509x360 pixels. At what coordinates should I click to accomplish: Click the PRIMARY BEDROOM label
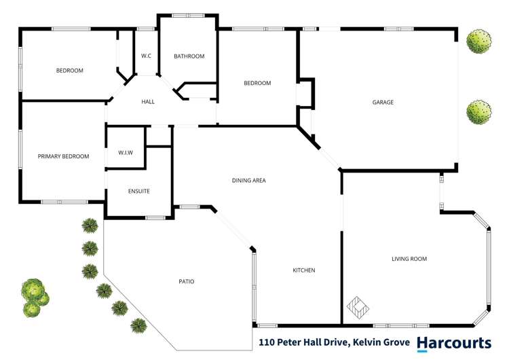tap(63, 156)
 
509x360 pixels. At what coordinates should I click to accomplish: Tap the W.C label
tap(146, 56)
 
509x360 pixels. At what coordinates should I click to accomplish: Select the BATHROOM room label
tap(189, 56)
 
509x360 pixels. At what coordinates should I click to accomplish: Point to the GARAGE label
tap(383, 103)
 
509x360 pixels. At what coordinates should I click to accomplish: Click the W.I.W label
tap(125, 152)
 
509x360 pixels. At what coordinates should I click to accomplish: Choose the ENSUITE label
tap(138, 191)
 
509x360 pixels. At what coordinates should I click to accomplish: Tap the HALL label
tap(148, 102)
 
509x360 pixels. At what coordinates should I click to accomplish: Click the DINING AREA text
tap(248, 181)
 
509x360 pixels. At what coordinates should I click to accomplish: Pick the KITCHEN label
tap(303, 270)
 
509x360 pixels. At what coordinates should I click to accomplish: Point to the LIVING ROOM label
tap(409, 259)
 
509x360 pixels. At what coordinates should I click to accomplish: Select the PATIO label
tap(187, 281)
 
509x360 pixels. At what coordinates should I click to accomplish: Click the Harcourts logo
tap(454, 343)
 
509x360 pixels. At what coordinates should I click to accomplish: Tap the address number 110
tap(267, 343)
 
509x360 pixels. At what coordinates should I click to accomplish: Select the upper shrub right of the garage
tap(479, 41)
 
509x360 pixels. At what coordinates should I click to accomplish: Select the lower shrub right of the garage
tap(479, 112)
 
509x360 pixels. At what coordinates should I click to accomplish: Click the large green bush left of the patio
tap(34, 298)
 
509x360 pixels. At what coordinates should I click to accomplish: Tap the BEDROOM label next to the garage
tap(257, 84)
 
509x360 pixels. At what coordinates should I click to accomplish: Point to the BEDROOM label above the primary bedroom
tap(69, 71)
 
